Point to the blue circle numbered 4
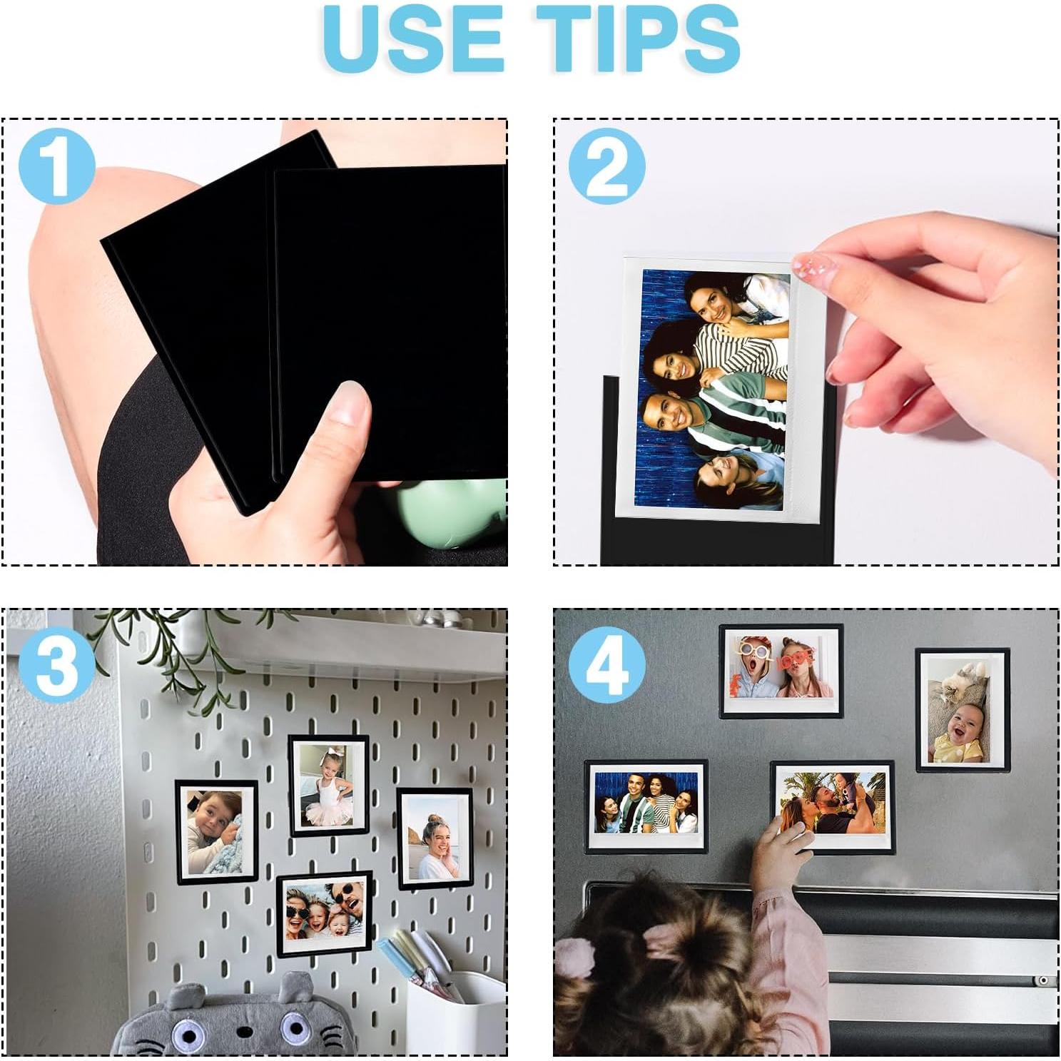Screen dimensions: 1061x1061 tap(606, 665)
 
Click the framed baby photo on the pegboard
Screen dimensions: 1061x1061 tap(216, 831)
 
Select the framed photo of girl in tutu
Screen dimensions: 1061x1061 tap(329, 785)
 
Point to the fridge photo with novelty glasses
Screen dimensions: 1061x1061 tap(781, 671)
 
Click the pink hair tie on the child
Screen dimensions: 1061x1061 tap(574, 956)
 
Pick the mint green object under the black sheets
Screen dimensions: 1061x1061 tap(450, 510)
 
